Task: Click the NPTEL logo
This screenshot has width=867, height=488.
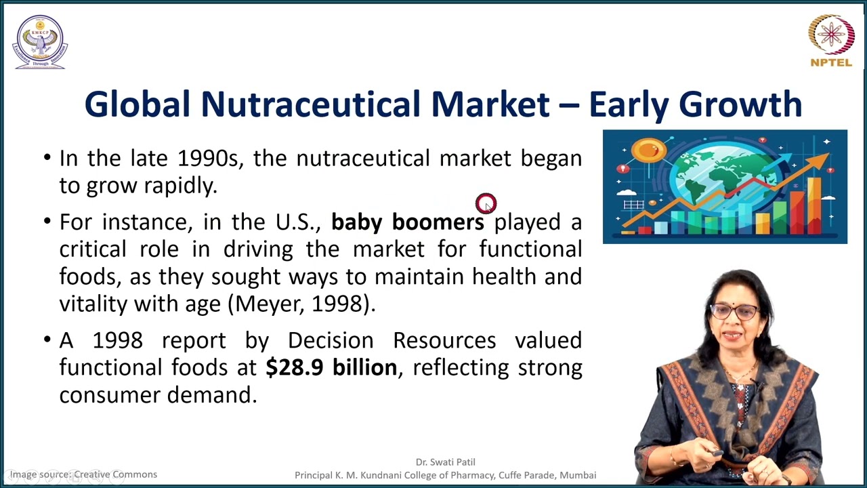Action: point(831,40)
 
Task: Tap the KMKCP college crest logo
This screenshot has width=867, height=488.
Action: point(40,41)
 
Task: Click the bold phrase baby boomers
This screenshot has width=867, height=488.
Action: point(407,222)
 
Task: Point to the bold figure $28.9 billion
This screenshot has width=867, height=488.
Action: point(331,367)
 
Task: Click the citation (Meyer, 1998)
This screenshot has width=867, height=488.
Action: point(304,304)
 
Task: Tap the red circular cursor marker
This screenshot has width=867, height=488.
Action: point(486,203)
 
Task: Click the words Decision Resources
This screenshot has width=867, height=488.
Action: point(392,340)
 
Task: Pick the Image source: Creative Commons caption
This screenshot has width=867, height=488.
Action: point(83,474)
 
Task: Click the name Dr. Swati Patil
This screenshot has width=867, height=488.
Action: point(445,462)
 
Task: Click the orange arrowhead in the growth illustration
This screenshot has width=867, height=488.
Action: point(820,161)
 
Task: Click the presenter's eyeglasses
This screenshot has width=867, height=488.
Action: point(734,312)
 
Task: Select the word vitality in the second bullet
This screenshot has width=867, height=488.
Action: point(93,304)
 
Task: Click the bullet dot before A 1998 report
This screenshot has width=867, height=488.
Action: point(47,340)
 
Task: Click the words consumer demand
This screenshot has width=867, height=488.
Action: point(158,394)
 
